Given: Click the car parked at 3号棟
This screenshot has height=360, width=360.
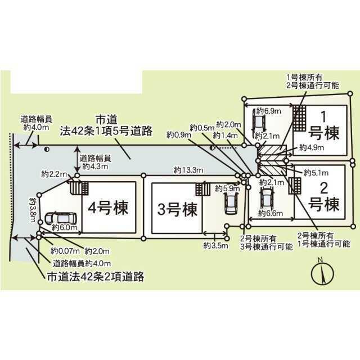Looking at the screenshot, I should coord(231,202).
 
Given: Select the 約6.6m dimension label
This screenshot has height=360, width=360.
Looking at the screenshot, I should coord(269,213).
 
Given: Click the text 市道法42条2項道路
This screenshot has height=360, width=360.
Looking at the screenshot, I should coord(96,276).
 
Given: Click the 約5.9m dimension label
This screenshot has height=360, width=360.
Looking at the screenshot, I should coord(226,188).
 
